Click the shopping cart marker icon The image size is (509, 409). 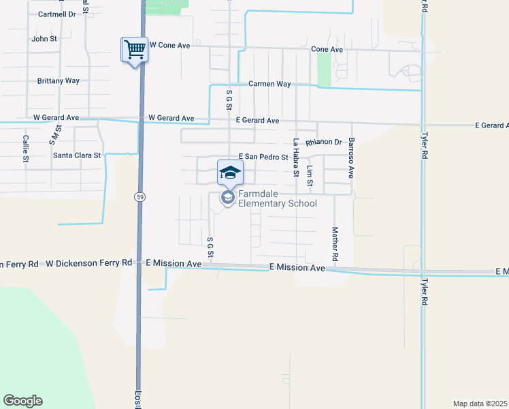[135, 50]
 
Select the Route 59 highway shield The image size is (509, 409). [137, 196]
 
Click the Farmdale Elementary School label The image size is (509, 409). [277, 198]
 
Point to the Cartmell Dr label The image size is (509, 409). [57, 14]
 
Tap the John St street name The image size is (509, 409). [44, 39]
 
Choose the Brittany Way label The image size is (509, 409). [58, 80]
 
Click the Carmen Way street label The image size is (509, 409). [269, 84]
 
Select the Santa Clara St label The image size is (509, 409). [77, 155]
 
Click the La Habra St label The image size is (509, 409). [296, 157]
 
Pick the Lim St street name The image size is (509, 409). [310, 176]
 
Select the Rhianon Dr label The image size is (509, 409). [323, 142]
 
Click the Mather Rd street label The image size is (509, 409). [335, 245]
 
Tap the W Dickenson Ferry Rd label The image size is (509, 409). [89, 262]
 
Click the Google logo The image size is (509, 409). [22, 401]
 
